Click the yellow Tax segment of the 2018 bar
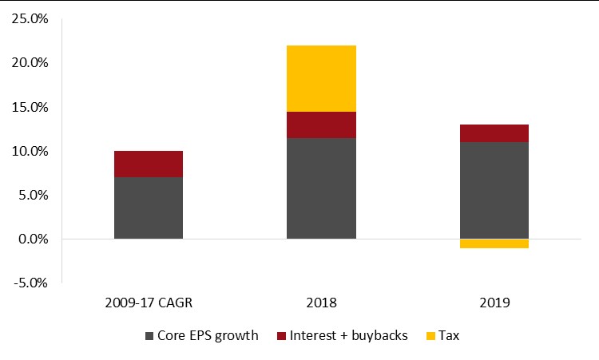tap(321, 79)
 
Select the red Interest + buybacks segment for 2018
tap(321, 125)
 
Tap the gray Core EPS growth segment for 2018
tap(321, 188)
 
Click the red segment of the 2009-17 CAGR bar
tap(149, 164)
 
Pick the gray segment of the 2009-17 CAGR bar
tap(149, 208)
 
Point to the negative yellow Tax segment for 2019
tap(494, 243)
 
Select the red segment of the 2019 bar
tap(494, 133)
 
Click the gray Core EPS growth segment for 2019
tap(494, 191)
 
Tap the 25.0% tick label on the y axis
tap(30, 18)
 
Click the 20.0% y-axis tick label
tap(30, 62)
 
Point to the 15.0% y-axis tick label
tap(30, 107)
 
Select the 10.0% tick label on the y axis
tap(30, 151)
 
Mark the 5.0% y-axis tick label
tap(33, 195)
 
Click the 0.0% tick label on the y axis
tap(33, 239)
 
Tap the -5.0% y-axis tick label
tap(30, 283)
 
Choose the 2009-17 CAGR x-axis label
tap(149, 303)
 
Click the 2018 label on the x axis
tap(321, 303)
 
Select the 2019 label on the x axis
tap(494, 303)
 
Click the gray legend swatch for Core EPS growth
tap(149, 336)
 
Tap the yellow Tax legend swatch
tap(430, 336)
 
